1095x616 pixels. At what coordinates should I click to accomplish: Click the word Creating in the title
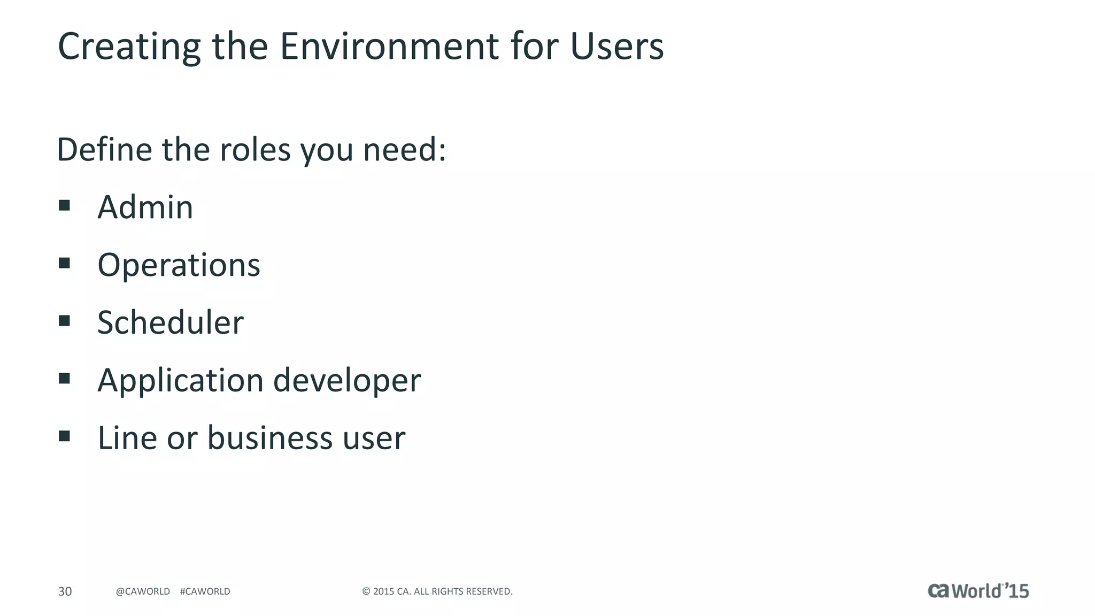129,47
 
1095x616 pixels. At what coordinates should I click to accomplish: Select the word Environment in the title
389,46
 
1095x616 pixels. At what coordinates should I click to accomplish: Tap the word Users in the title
617,46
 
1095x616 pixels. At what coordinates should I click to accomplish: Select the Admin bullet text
145,207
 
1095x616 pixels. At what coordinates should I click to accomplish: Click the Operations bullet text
179,265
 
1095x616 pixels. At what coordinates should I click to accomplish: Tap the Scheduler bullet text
170,322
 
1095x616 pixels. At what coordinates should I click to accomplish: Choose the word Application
180,381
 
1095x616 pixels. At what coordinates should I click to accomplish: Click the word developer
347,380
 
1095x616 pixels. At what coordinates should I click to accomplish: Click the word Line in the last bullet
127,438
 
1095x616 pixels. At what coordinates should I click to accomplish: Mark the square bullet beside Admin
65,205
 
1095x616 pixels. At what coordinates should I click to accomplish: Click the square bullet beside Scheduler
65,321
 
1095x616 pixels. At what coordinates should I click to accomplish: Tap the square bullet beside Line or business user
65,436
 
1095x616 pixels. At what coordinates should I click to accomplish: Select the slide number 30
65,591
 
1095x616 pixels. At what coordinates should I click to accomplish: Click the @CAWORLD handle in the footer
143,591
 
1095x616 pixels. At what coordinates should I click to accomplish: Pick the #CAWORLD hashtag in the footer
205,591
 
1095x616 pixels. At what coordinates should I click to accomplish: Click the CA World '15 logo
978,590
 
